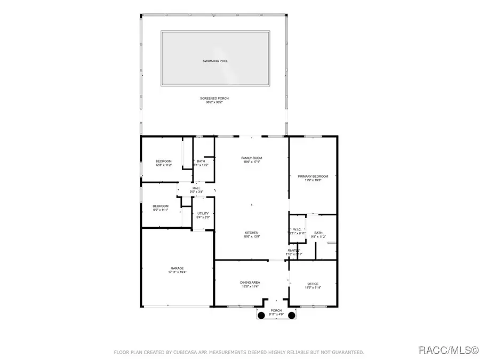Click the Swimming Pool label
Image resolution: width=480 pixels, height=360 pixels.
pos(215,61)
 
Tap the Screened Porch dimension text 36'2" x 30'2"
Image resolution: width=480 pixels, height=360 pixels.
pos(215,102)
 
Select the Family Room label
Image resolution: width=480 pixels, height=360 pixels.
pos(252,158)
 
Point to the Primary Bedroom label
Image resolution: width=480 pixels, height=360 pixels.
pos(313,176)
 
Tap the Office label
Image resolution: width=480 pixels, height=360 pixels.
pos(313,284)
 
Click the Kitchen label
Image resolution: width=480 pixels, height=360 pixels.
pos(252,233)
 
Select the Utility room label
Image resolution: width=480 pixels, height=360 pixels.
pos(203,213)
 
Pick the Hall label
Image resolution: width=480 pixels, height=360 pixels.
pos(196,188)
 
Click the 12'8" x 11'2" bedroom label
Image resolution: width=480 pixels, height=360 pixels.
pos(164,162)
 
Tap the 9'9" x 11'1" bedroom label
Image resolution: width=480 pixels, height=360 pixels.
pos(161,206)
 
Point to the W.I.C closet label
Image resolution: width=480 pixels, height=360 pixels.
pos(298,230)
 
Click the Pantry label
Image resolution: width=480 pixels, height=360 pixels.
pos(294,250)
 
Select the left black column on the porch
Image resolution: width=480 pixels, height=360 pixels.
pos(261,316)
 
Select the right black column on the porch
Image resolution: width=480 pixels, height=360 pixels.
pos(292,316)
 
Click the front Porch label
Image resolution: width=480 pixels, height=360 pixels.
pos(276,311)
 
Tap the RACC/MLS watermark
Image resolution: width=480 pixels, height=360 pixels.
pos(448,350)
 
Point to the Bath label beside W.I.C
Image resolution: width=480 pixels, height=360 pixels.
pos(318,233)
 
